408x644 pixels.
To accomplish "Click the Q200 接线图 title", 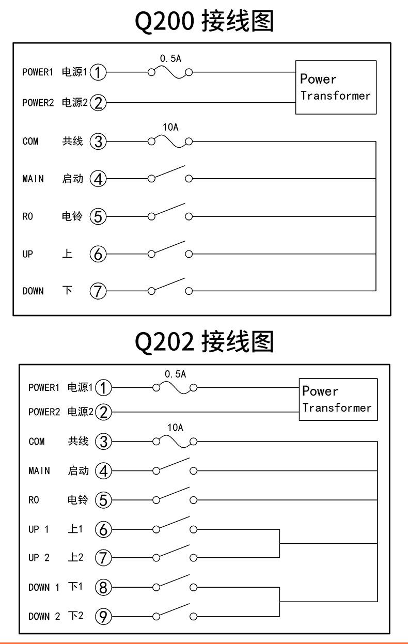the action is click(x=204, y=22).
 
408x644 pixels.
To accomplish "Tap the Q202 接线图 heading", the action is click(x=204, y=341).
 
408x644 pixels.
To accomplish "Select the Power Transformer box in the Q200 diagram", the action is click(x=336, y=87).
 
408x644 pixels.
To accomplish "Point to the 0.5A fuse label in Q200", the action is click(x=170, y=59).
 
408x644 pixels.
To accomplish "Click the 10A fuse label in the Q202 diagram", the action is click(x=176, y=428).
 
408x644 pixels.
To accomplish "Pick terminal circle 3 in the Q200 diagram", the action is click(x=98, y=142).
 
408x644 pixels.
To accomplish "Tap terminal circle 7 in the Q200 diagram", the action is click(x=98, y=291).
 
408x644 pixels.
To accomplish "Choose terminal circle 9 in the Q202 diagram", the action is click(x=104, y=616).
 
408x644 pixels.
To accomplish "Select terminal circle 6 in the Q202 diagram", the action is click(x=104, y=529).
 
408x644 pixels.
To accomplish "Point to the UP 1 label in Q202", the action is click(x=39, y=529).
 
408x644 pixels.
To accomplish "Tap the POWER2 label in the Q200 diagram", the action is click(x=38, y=103).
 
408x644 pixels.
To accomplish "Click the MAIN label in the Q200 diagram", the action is click(x=33, y=179).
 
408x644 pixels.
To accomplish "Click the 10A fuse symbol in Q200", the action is click(x=170, y=142).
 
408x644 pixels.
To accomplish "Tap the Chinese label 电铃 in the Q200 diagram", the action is click(x=73, y=216).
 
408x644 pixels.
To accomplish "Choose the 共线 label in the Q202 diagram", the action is click(x=79, y=442).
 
